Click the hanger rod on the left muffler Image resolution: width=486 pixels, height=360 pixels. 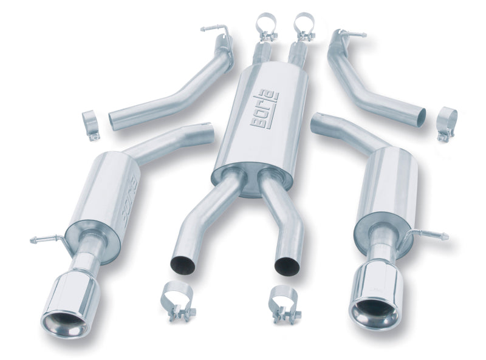[47, 239]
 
